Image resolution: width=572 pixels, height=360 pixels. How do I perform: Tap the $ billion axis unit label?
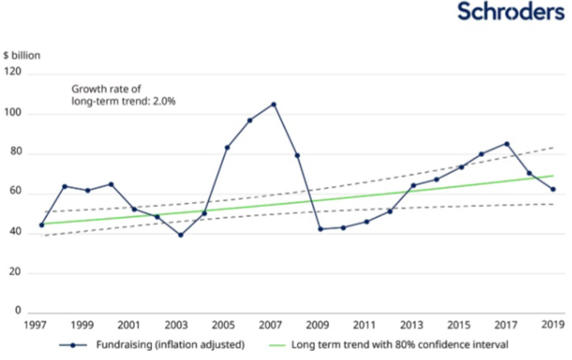pyautogui.click(x=21, y=56)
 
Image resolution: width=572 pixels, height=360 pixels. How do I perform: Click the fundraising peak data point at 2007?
pyautogui.click(x=274, y=104)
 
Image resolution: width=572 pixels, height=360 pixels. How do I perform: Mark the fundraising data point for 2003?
pyautogui.click(x=181, y=235)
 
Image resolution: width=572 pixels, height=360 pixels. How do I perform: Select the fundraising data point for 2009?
pyautogui.click(x=321, y=228)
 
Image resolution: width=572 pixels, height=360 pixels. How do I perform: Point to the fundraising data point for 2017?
pyautogui.click(x=506, y=144)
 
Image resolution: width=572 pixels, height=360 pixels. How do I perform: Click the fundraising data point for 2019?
pyautogui.click(x=553, y=189)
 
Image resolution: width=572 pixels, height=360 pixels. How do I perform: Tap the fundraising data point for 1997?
pyautogui.click(x=41, y=224)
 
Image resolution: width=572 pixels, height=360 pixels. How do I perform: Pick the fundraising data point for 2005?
pyautogui.click(x=227, y=148)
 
